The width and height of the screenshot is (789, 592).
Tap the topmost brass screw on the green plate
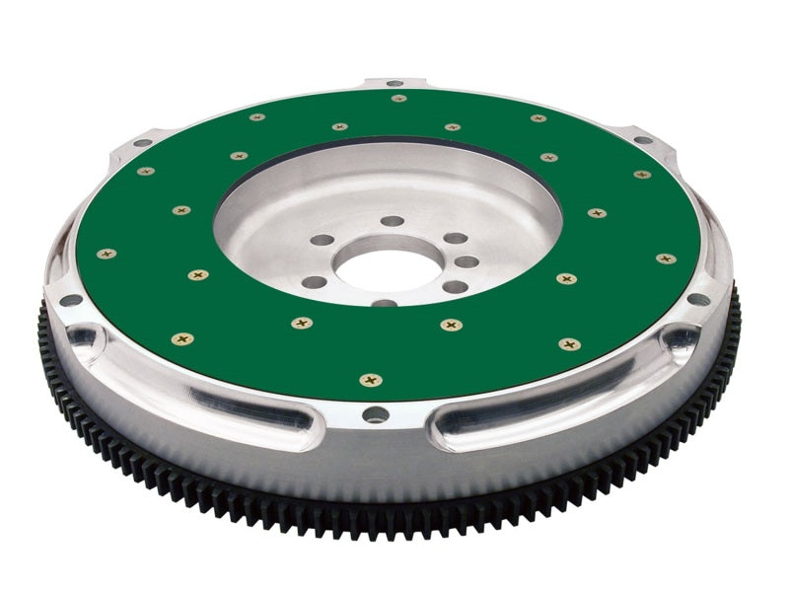398,98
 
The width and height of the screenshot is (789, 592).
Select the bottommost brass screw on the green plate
371,380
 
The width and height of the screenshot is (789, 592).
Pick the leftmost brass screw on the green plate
107,254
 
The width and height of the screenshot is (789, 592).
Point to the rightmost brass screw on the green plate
667,259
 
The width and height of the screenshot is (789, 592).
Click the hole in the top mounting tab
394,83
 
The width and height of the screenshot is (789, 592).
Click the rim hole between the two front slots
376,414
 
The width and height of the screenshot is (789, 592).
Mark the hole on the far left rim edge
70,300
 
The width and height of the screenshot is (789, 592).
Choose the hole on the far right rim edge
698,298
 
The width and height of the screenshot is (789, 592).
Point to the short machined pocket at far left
85,339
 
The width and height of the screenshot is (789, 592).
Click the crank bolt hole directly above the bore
393,221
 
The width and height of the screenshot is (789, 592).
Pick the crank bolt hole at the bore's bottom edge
385,304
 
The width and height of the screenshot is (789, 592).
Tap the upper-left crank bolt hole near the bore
321,240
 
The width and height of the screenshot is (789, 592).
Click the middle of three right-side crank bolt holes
466,262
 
